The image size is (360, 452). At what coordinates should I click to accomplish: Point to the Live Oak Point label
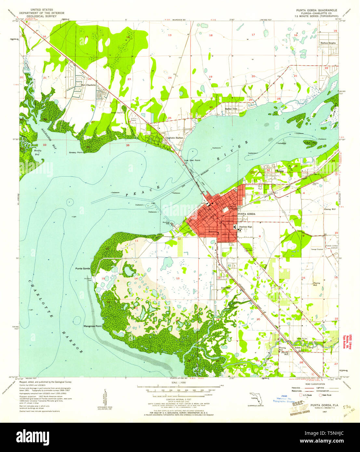pyautogui.click(x=192, y=160)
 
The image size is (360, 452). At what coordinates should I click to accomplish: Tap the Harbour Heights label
pyautogui.click(x=328, y=43)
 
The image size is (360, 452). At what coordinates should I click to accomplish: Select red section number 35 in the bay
pyautogui.click(x=127, y=145)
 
